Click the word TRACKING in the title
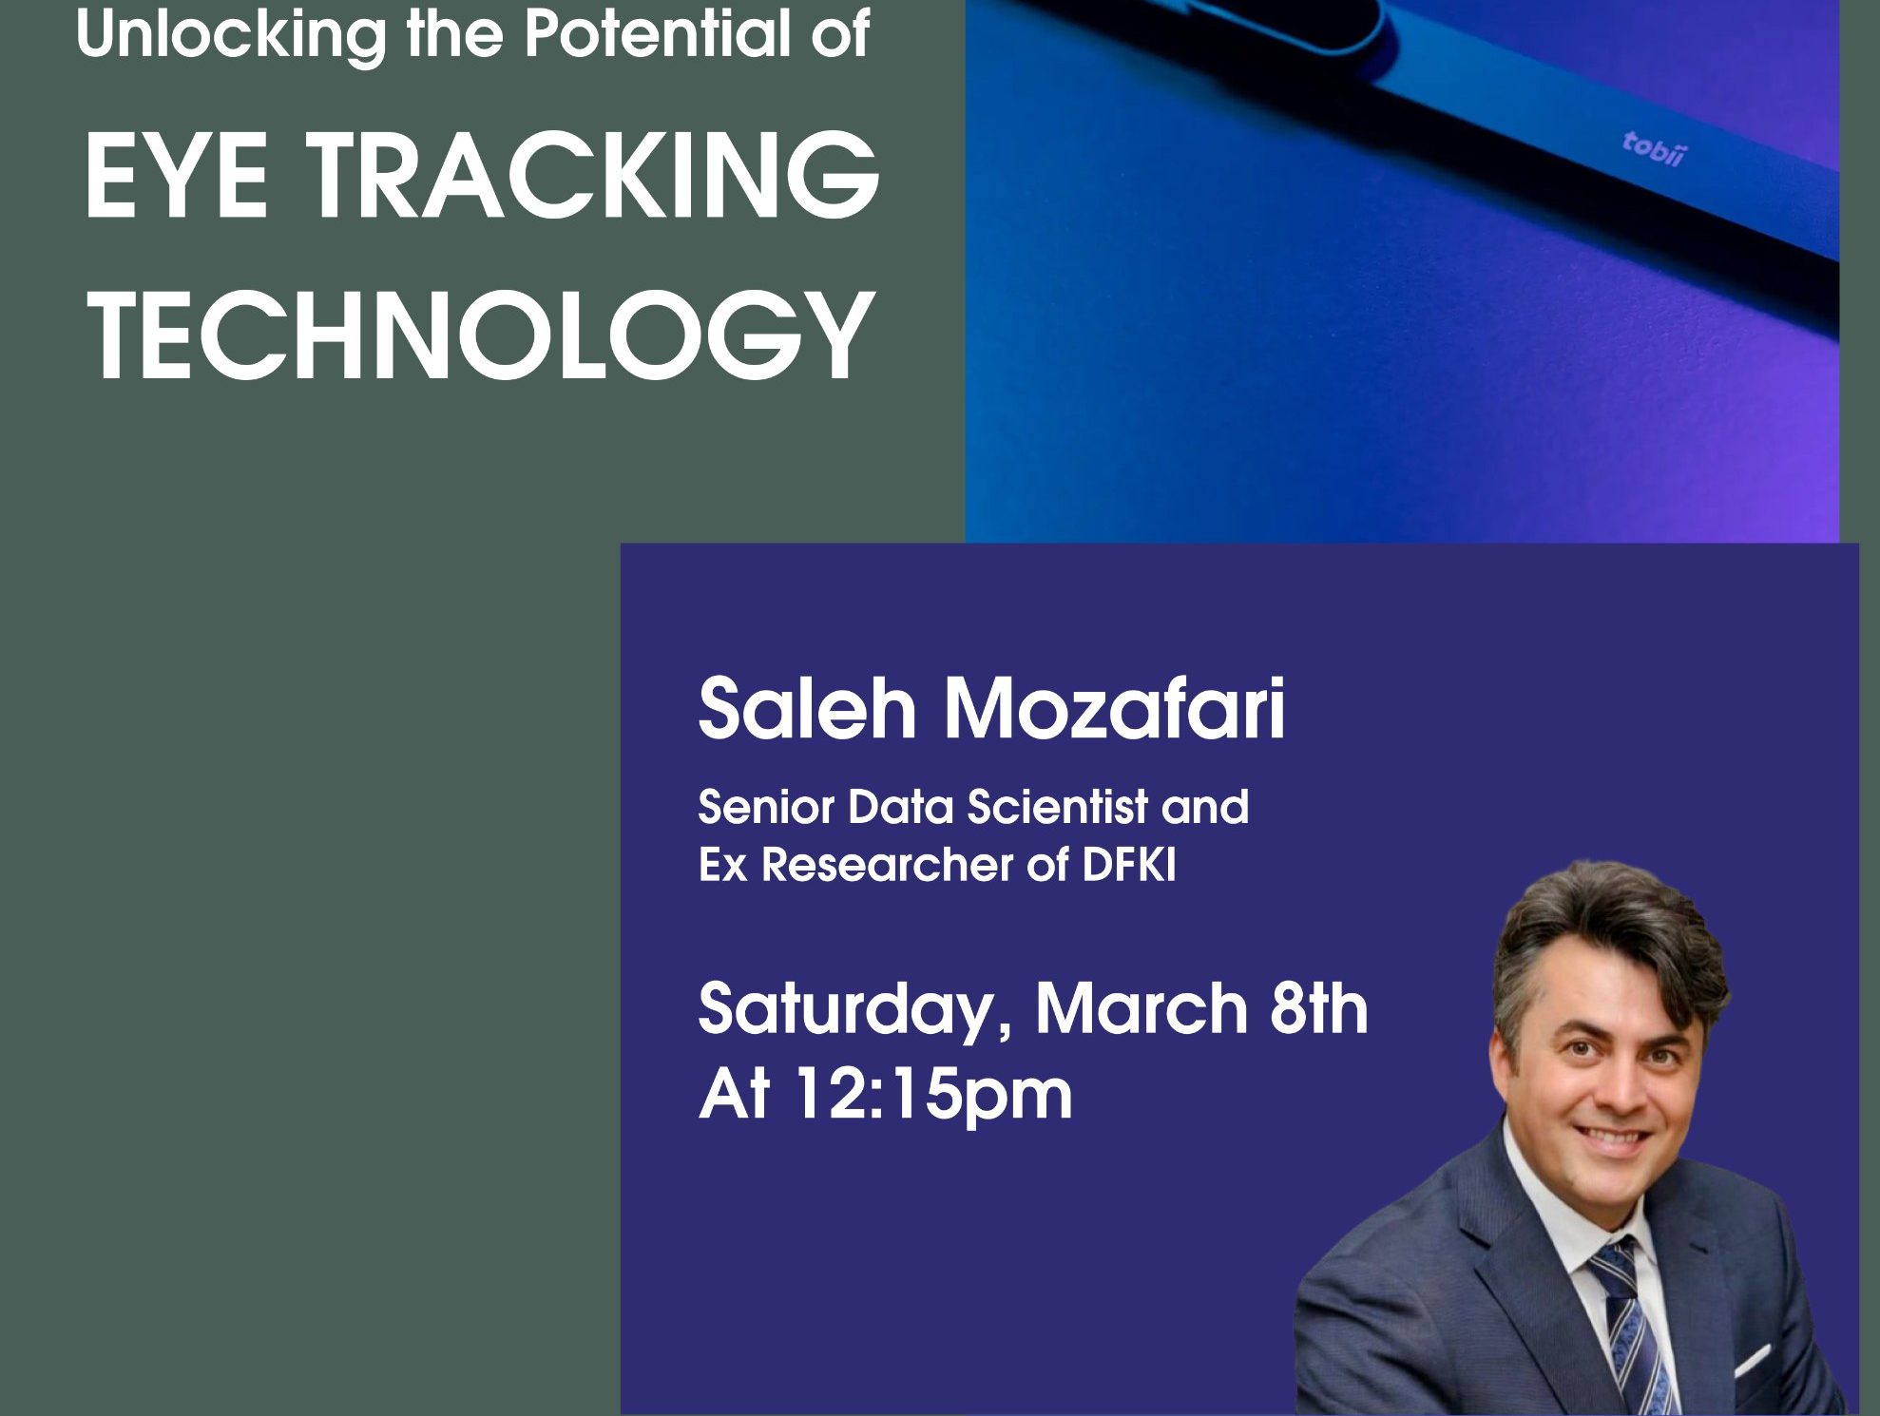point(594,176)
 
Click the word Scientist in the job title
point(1058,807)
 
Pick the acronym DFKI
point(1129,865)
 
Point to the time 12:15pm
point(933,1096)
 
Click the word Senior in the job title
point(766,807)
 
